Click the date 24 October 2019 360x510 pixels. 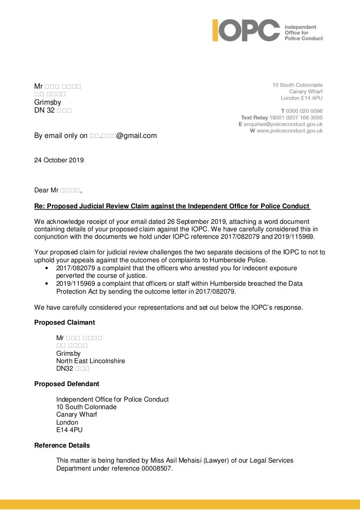coord(59,160)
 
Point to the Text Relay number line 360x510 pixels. coord(282,117)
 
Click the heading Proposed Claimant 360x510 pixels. coord(65,322)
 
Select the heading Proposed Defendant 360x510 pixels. coord(67,384)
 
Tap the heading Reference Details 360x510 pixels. coord(62,445)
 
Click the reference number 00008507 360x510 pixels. coord(157,468)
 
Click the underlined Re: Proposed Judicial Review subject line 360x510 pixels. coord(172,206)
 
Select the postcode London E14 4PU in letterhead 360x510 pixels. coord(302,99)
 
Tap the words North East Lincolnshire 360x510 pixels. coord(90,361)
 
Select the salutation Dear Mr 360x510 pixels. coord(48,190)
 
